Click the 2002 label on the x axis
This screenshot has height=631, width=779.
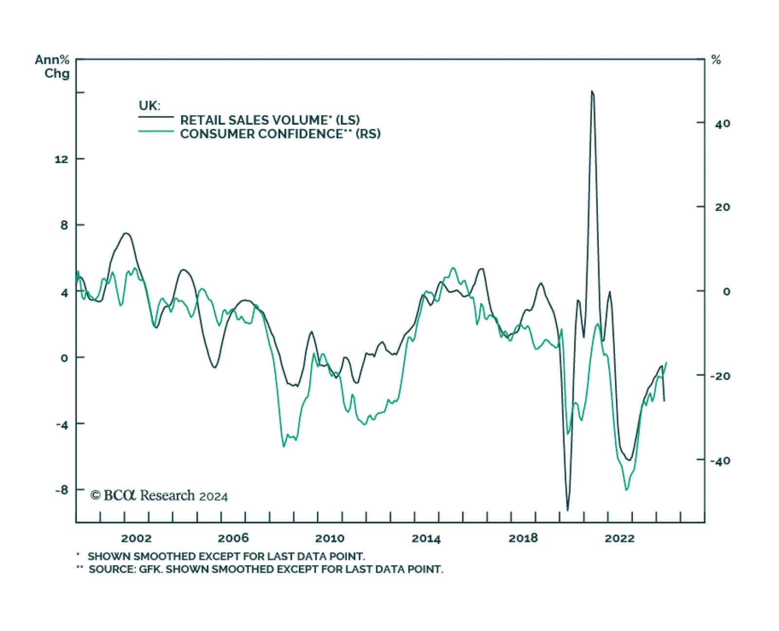coord(136,538)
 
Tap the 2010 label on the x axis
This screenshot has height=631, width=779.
coord(330,538)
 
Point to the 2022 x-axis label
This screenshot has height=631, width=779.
coord(619,538)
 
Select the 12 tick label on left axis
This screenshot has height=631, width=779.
coord(61,159)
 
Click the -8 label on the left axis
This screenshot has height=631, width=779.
coord(61,490)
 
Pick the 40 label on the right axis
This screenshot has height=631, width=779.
coord(723,124)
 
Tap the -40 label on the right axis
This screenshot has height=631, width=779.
coord(720,461)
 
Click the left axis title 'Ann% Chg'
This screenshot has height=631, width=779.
coord(53,67)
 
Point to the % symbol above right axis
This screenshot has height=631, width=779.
coord(716,60)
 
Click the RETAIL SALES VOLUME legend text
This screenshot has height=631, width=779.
coord(270,120)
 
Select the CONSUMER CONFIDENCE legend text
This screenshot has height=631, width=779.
coord(280,134)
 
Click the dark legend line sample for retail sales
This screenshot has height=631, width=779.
coord(156,117)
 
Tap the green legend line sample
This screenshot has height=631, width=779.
coord(156,131)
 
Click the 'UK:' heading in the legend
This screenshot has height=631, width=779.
coord(149,106)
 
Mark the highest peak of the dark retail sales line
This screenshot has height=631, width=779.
coord(592,91)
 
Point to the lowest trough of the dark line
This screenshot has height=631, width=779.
coord(568,510)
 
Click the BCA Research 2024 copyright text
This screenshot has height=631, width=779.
coord(159,496)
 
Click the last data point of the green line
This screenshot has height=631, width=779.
coord(666,363)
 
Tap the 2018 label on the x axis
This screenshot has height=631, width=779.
coord(523,538)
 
